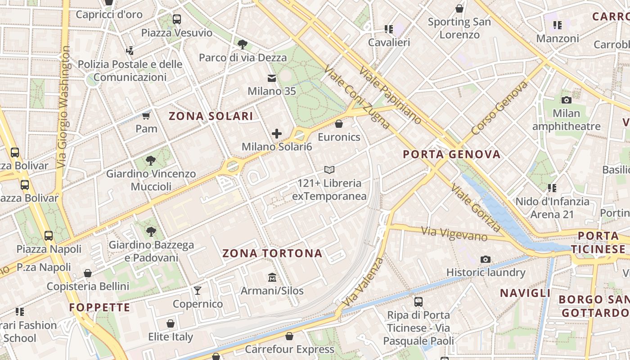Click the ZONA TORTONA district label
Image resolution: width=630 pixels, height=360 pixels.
coord(272,253)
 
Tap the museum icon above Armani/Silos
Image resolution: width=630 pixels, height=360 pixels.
coord(272,277)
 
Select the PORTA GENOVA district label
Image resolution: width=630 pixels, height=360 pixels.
coord(451,154)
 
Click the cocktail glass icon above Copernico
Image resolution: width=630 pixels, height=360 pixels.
coord(198,290)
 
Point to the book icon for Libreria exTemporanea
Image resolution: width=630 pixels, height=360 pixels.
coord(329,170)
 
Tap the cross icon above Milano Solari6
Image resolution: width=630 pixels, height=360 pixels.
coord(277,133)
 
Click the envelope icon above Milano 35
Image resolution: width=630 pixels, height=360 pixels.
coord(272,78)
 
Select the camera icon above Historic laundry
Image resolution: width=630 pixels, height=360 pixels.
coord(485,259)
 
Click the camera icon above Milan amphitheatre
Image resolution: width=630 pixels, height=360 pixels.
coord(566,100)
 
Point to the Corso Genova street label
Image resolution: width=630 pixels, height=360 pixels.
coord(499,108)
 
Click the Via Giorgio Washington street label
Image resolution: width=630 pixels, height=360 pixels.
coord(64,107)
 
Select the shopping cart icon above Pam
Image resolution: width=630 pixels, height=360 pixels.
coord(146,116)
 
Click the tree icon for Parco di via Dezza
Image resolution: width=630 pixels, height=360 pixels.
coord(243,44)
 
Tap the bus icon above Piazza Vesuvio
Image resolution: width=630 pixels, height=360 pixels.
coord(176,19)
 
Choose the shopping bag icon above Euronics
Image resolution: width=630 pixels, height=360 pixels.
coord(339,124)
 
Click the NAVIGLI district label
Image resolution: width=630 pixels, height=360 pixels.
coord(525,293)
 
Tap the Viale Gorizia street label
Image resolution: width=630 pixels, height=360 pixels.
coord(475,207)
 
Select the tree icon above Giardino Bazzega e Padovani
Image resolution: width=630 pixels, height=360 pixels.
coord(151,232)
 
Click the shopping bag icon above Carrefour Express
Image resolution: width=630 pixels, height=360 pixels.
coord(289,336)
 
